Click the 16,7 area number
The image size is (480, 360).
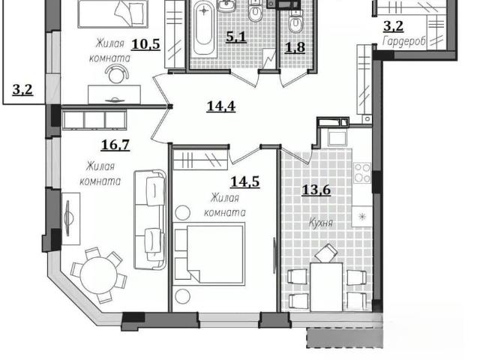115,145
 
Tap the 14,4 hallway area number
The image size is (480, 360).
221,106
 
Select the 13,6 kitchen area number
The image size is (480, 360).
316,190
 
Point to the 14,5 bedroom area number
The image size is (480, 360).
245,181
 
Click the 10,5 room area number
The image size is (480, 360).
145,44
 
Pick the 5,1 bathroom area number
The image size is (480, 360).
236,37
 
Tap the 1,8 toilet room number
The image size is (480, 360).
295,47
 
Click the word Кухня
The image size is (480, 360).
320,223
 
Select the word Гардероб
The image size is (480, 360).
403,42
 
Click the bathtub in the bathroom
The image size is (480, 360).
203,28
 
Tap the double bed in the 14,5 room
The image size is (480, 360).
209,254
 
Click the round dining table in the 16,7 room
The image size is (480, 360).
99,274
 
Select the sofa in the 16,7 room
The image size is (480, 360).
150,220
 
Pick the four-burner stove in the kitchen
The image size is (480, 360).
362,172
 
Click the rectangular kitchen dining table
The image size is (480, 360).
326,286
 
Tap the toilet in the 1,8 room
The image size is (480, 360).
295,22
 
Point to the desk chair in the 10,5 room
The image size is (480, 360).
116,74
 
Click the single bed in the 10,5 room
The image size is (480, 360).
113,13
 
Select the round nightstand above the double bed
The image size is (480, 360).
182,212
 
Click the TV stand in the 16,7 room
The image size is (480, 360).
70,218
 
